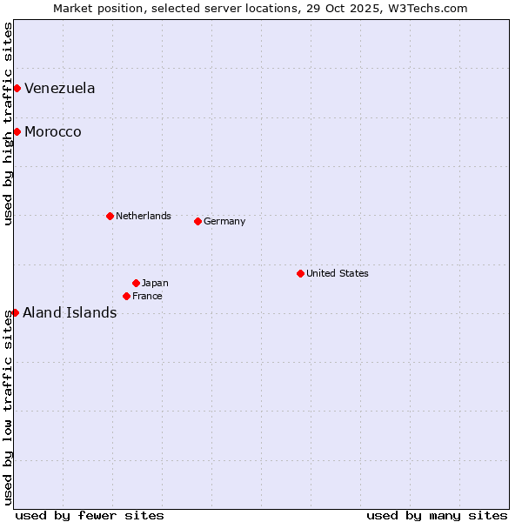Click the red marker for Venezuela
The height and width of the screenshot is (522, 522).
point(17,88)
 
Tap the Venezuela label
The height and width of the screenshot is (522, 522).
point(60,89)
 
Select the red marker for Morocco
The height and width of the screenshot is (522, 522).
point(17,131)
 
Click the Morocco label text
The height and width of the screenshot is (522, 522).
point(53,132)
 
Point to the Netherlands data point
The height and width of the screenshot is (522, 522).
point(110,216)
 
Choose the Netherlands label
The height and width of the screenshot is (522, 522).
point(144,216)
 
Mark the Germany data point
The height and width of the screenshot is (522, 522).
point(197,221)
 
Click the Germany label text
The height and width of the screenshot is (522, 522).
point(224,221)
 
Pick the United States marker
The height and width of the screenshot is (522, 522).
point(300,273)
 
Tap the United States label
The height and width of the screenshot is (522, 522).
point(338,273)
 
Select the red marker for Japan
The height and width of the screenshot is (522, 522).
point(136,283)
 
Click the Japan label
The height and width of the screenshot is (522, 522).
point(155,283)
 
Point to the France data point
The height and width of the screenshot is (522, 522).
point(126,296)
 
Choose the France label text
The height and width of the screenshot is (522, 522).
point(147,296)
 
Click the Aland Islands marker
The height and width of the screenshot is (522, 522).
point(15,312)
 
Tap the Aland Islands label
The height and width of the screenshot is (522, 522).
point(70,313)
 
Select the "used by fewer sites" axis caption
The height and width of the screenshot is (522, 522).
point(90,515)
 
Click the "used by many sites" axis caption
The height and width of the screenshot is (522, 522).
point(437,515)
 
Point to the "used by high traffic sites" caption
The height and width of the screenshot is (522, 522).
point(9,124)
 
